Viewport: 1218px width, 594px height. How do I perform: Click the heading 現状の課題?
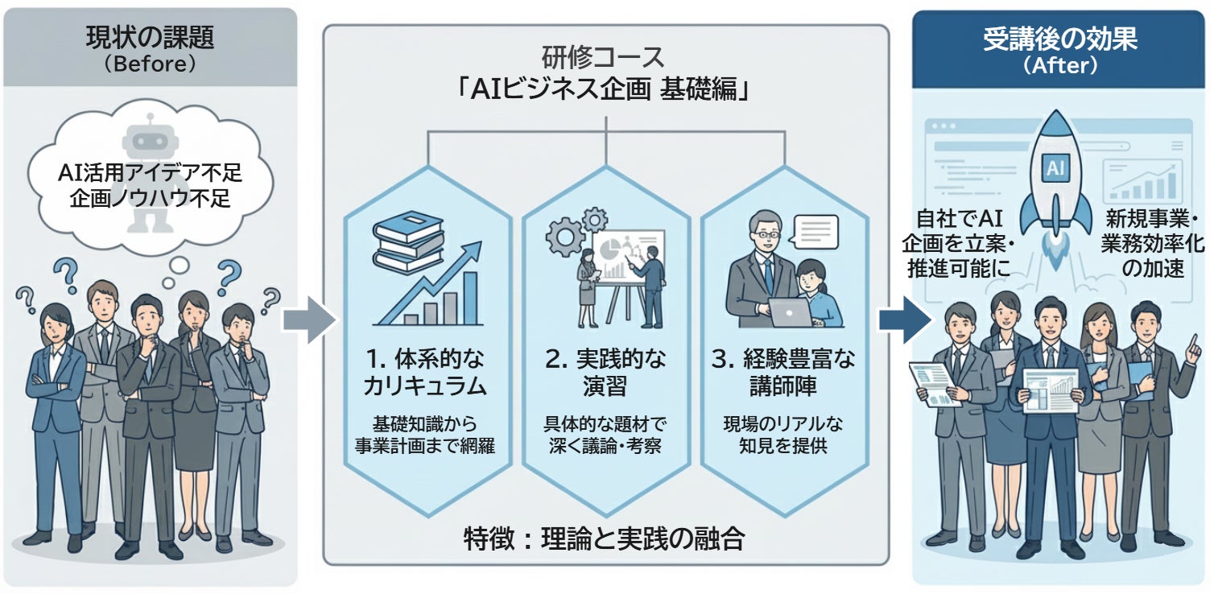pos(150,36)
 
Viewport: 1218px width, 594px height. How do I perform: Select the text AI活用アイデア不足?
pos(150,171)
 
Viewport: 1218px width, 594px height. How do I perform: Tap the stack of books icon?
pos(408,241)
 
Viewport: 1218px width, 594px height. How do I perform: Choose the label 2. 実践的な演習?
pos(605,372)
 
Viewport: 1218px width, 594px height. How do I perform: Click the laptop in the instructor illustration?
pos(791,311)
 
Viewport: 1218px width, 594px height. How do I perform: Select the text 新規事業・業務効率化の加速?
pos(1143,243)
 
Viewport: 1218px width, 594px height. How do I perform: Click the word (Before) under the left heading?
pos(150,64)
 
